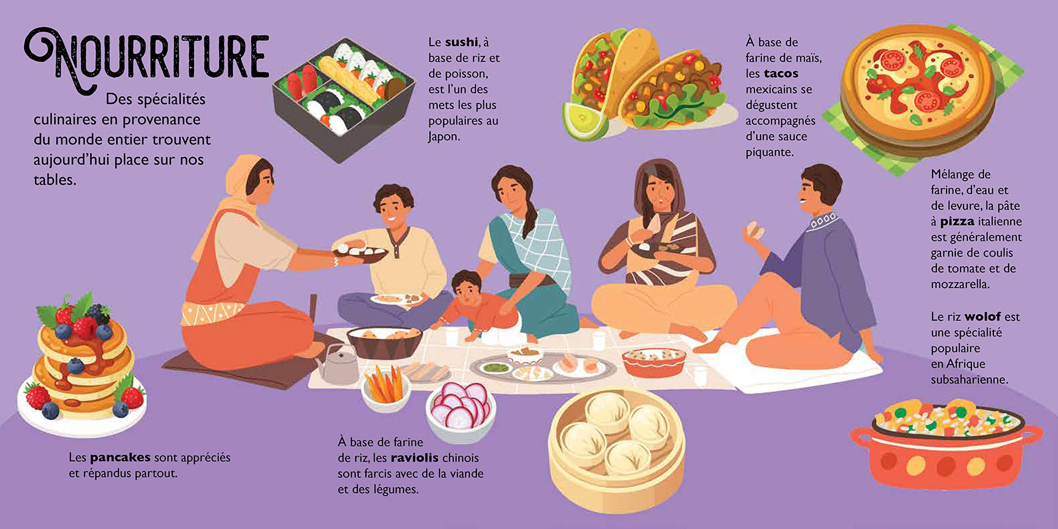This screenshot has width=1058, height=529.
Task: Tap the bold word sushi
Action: point(461,42)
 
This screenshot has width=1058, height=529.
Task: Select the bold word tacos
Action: point(781,73)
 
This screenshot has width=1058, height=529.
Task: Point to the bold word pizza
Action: point(957,222)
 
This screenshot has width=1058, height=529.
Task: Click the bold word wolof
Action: point(982,316)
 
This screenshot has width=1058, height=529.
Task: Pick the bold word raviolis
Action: point(414,458)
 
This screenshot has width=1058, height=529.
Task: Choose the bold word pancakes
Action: point(120,458)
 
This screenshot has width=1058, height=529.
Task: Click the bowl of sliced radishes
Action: point(460,411)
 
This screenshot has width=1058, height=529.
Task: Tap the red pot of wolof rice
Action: point(945,443)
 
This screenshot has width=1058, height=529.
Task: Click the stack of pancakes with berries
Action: point(82,364)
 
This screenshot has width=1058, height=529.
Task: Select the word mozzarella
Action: point(960,284)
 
